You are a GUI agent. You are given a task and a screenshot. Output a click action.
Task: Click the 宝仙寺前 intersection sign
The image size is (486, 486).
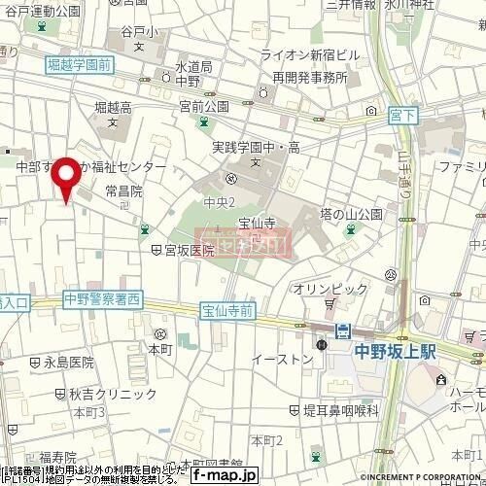(x=227, y=311)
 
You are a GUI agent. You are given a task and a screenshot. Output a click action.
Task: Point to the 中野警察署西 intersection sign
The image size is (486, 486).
(x=100, y=297)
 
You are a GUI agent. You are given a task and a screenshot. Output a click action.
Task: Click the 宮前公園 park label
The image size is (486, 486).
(x=202, y=105)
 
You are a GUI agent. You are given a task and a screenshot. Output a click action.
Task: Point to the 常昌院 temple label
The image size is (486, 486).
(x=123, y=191)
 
